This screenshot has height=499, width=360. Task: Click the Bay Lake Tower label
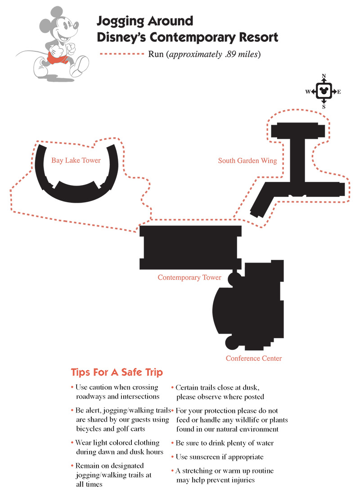tap(76, 160)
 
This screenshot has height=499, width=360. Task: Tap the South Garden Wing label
tap(247, 161)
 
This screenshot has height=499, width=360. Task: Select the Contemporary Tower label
tap(189, 277)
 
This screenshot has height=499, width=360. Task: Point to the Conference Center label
tap(254, 358)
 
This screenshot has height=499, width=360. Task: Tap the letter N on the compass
tap(324, 76)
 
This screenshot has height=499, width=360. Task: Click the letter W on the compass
tap(308, 92)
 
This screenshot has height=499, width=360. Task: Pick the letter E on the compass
tap(339, 92)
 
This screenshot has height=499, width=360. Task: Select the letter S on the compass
tap(324, 107)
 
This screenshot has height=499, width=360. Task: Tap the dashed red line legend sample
tap(122, 54)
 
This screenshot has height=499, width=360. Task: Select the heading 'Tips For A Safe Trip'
tap(117, 372)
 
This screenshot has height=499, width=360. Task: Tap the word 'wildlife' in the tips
tap(247, 420)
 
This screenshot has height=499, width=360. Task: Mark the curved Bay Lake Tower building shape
tap(76, 193)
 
